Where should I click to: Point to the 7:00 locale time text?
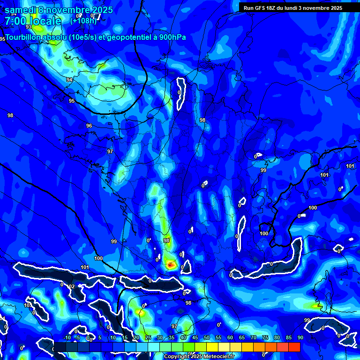pyautogui.click(x=33, y=21)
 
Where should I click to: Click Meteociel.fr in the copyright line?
pyautogui.click(x=217, y=357)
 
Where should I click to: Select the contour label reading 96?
pyautogui.click(x=89, y=126)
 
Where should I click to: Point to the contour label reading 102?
pyautogui.click(x=70, y=286)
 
